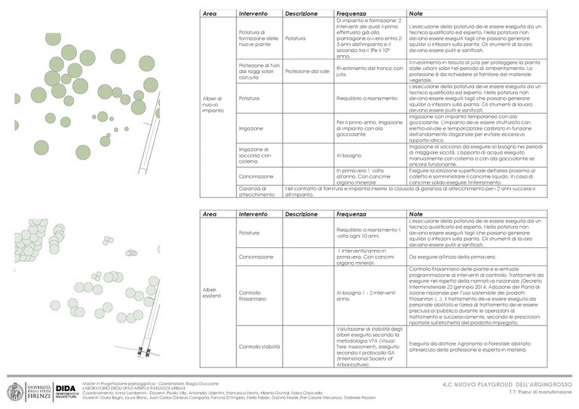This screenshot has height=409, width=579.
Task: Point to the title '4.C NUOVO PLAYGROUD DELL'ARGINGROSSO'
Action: click(x=507, y=384)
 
